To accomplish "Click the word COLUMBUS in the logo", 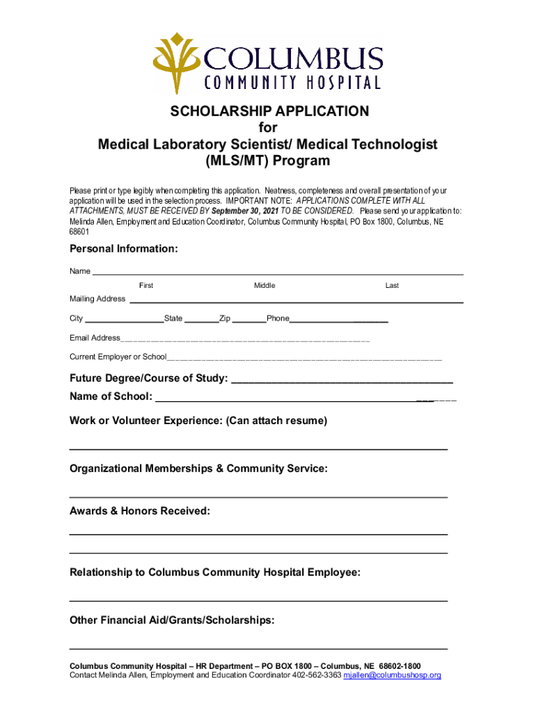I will click(292, 58).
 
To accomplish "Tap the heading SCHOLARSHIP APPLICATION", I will click(267, 111).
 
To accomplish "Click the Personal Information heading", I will click(123, 249).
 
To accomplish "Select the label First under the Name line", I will click(146, 286).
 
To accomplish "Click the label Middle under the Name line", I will click(265, 286).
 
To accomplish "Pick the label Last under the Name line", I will click(392, 286).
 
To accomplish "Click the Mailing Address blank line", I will click(297, 300).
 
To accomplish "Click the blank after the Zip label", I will click(249, 320).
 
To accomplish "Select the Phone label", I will click(278, 318).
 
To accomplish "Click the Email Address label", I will click(95, 338).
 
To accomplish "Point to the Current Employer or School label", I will click(118, 357).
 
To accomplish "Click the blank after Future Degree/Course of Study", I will click(341, 380).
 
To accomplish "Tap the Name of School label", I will click(111, 396).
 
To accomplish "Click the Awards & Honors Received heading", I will click(139, 511).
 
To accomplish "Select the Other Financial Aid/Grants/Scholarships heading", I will click(172, 620).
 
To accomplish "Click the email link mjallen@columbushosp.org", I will click(393, 675).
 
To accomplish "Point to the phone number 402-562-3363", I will click(317, 675).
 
